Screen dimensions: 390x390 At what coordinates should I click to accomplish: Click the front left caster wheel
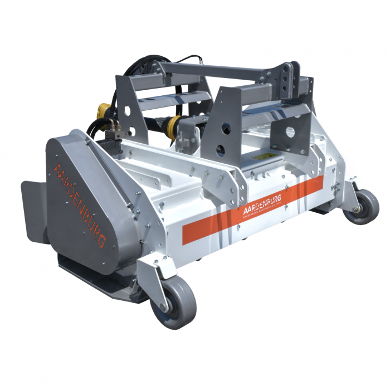click(177, 301)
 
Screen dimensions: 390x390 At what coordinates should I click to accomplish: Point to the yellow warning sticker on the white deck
click(261, 158)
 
